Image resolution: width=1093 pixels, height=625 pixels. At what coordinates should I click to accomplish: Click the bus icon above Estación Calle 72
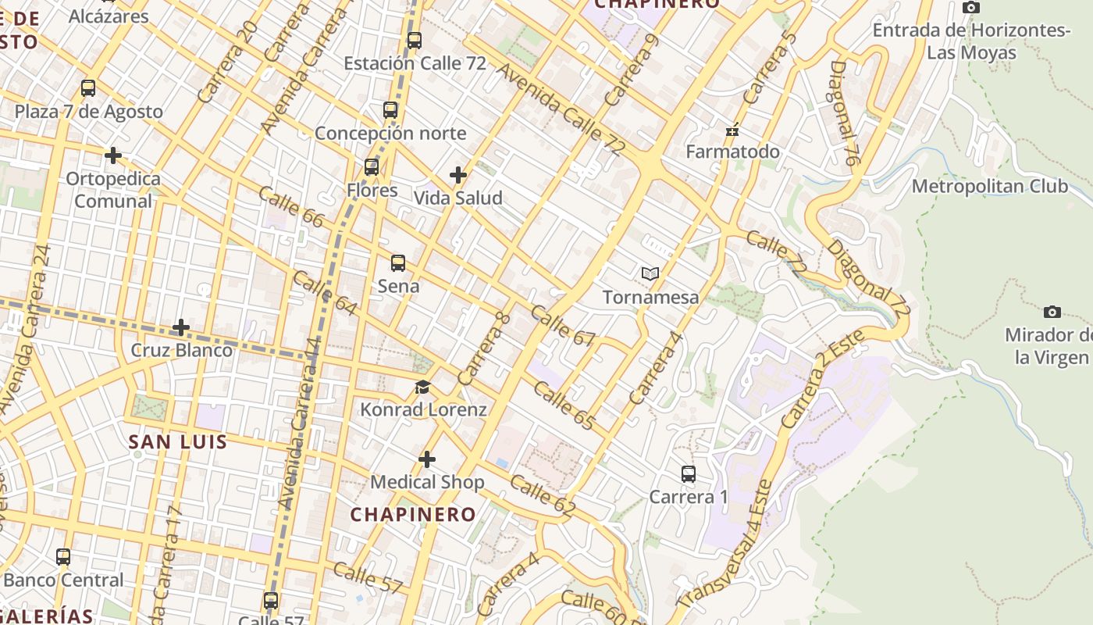click(415, 41)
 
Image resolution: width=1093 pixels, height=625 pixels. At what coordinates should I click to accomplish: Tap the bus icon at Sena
click(398, 263)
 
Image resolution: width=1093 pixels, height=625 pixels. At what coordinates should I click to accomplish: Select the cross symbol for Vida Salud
click(458, 175)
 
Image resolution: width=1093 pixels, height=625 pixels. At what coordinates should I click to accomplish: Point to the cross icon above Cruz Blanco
click(181, 327)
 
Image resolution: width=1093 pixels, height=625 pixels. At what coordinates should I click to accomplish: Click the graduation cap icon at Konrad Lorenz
click(422, 387)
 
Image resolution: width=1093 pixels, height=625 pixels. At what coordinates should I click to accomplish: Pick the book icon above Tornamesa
click(650, 274)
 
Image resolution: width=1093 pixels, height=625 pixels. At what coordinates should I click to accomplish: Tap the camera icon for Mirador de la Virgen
click(1052, 312)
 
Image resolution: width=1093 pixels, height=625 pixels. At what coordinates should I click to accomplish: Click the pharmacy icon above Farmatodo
click(732, 130)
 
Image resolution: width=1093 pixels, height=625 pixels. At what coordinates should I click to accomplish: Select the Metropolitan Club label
click(989, 187)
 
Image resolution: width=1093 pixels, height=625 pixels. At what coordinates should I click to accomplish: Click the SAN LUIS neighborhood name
click(178, 442)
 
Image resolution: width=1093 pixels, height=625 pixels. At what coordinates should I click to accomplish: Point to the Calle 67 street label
click(562, 326)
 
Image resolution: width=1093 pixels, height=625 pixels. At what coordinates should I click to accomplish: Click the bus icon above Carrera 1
click(688, 474)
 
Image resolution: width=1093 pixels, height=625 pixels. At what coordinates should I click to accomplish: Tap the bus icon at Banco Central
click(63, 557)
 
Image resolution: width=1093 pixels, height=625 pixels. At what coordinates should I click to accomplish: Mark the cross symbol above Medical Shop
click(426, 459)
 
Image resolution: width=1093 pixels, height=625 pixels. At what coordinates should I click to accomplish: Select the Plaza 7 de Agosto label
click(89, 112)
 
